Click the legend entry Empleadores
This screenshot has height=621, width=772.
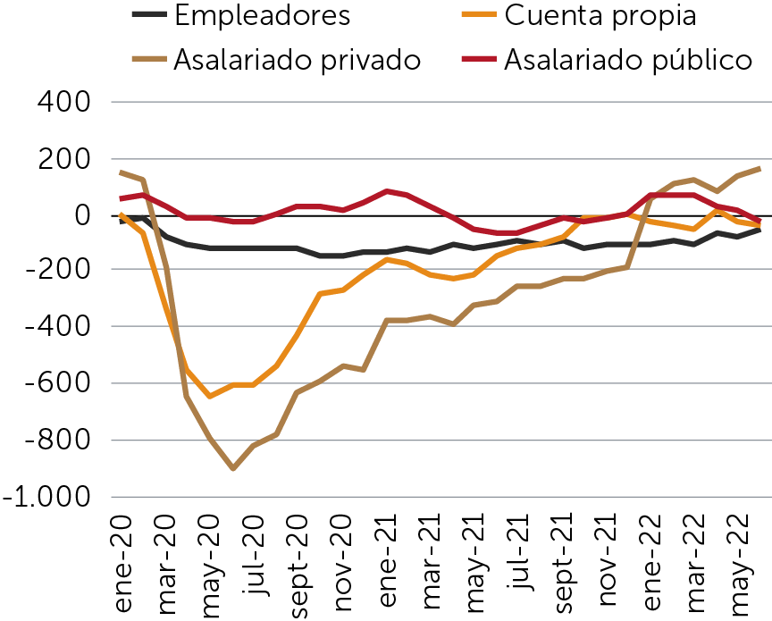[262, 15]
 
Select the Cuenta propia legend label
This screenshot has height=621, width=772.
[599, 15]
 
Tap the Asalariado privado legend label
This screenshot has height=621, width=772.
[297, 60]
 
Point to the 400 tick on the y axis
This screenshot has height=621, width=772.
[63, 103]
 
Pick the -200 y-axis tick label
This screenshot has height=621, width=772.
[55, 272]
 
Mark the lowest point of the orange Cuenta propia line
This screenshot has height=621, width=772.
[210, 396]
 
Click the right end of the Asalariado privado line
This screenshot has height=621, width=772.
[760, 167]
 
